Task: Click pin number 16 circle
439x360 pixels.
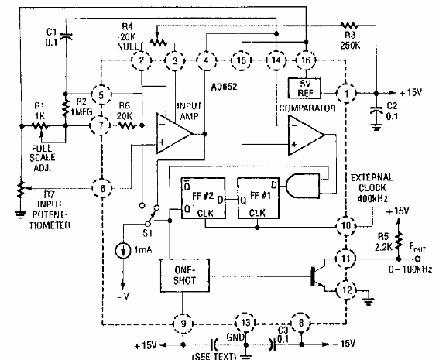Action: point(305,60)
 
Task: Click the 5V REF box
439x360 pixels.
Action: point(305,84)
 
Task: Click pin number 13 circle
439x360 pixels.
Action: point(245,321)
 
